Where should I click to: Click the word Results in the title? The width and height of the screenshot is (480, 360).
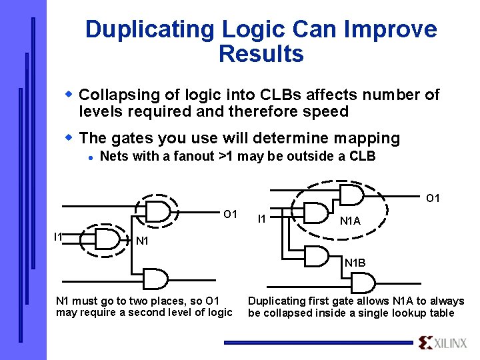tap(261, 54)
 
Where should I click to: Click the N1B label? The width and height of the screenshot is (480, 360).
tap(355, 263)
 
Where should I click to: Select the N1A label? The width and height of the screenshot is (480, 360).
tap(350, 221)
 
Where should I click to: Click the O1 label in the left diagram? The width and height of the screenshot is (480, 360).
tap(230, 214)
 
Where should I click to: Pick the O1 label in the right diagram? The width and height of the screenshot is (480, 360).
tap(433, 198)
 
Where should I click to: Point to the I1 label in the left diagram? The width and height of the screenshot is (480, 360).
tap(59, 237)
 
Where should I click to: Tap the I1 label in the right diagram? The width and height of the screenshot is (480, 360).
tap(262, 219)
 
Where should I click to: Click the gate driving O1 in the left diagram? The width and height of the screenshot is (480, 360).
tap(158, 211)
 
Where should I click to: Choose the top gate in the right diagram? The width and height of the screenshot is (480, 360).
tap(350, 195)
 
